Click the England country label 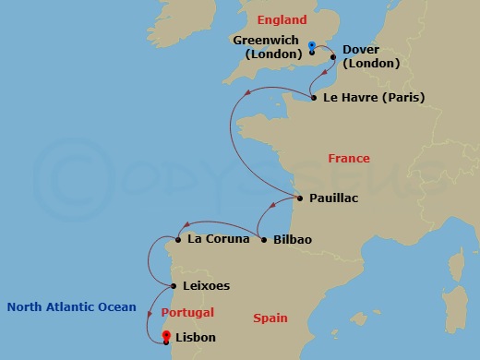pos(282,19)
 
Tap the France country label pos(349,159)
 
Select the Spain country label pos(272,318)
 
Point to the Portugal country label pos(188,313)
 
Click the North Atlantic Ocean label pos(71,307)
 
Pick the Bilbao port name pos(293,240)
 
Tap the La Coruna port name pos(218,239)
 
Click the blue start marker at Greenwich pos(312,45)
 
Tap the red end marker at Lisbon pos(165,336)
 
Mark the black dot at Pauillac pos(300,198)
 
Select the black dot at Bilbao pos(265,240)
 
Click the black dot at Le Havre pos(314,97)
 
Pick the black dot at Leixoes pos(173,286)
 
